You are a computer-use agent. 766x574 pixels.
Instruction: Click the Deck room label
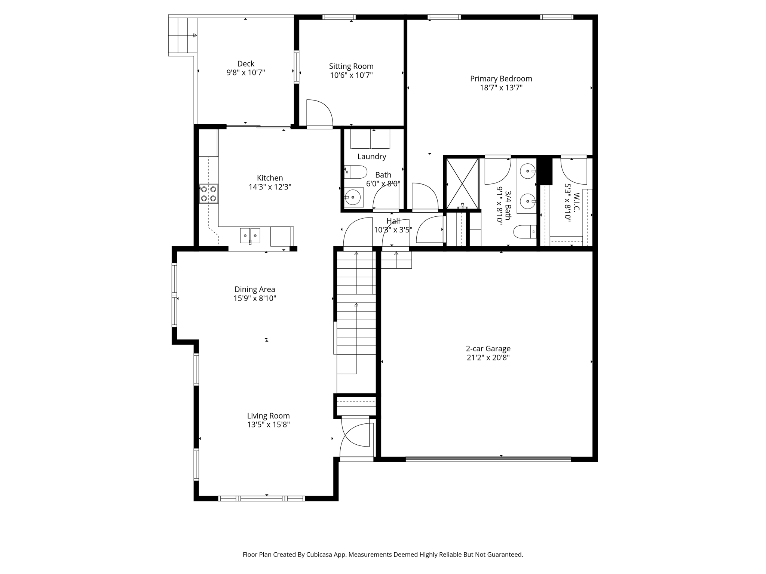[x=246, y=64]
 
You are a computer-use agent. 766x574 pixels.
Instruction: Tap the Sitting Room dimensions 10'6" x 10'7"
[x=351, y=75]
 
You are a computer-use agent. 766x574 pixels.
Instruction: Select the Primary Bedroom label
[x=501, y=78]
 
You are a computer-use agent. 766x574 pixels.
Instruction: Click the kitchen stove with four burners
[x=208, y=194]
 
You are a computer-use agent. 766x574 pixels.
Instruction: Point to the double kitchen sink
[x=250, y=235]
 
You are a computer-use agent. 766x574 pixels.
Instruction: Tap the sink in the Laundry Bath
[x=353, y=197]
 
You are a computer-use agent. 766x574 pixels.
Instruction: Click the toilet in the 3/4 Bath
[x=525, y=232]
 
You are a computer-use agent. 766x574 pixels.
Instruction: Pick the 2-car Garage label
[x=488, y=349]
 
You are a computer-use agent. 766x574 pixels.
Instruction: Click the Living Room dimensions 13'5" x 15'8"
[x=269, y=425]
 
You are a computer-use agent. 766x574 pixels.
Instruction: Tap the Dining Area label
[x=255, y=289]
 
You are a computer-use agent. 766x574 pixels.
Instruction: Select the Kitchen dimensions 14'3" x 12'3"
[x=270, y=187]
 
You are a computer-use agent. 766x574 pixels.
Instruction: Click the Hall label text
[x=393, y=221]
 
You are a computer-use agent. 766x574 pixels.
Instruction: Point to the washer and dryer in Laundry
[x=370, y=139]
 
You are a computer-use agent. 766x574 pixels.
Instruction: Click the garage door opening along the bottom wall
[x=488, y=459]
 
